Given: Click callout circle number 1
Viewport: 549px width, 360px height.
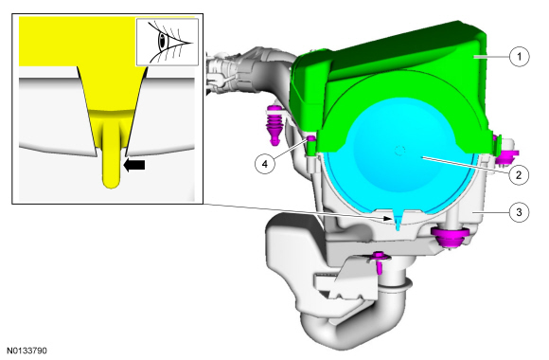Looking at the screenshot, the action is point(519,56).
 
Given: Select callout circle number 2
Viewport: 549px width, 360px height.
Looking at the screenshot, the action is point(519,174).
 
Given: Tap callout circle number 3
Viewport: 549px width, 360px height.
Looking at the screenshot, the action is point(519,212).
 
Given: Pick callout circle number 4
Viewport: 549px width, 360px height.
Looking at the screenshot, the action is point(265,164).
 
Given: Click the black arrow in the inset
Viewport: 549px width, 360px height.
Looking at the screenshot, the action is point(134,165).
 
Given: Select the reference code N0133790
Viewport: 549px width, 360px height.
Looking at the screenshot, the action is point(27,351).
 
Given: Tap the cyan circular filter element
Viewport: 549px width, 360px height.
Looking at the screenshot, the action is point(399,154).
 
